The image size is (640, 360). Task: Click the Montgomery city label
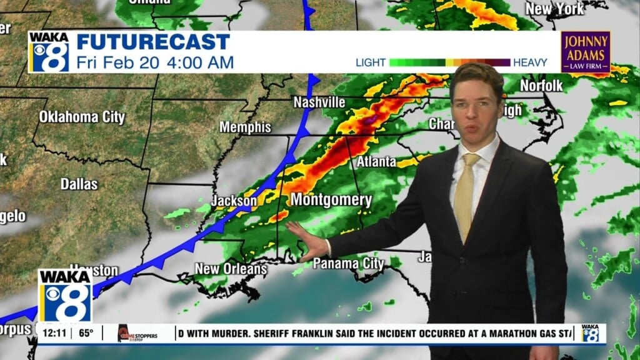click(x=331, y=201)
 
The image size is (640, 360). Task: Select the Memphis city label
click(x=245, y=127)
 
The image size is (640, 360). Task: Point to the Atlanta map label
click(x=376, y=162)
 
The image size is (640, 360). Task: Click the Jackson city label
click(x=234, y=201)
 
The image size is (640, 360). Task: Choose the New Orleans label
click(x=231, y=269)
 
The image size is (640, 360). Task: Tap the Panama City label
click(x=348, y=264)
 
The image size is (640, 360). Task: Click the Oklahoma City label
click(x=82, y=117)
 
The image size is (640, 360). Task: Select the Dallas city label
click(x=79, y=184)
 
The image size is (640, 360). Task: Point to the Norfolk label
click(x=541, y=86)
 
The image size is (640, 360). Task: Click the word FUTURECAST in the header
click(x=153, y=42)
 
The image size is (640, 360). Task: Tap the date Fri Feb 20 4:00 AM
click(x=155, y=62)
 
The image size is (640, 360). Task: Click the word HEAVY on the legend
click(x=530, y=62)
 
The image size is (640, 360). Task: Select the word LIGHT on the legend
click(x=371, y=62)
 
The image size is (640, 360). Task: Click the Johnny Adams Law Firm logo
click(x=585, y=52)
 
